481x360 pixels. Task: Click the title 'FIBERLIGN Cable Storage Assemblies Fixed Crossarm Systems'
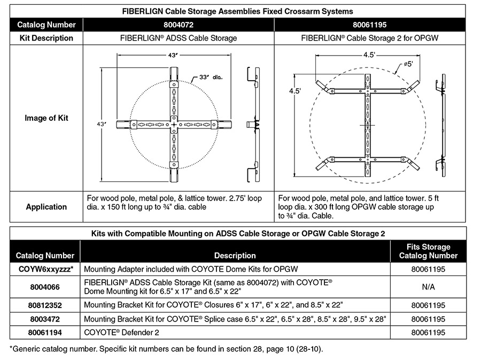click(x=238, y=11)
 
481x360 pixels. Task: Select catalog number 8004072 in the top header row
click(x=177, y=25)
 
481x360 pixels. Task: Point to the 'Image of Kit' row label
click(x=46, y=118)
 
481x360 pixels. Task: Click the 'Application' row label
click(x=46, y=206)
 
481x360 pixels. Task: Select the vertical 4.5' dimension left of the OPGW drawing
click(x=296, y=91)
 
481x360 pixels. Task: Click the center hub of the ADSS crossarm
click(x=174, y=125)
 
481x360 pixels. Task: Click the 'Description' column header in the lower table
click(x=235, y=256)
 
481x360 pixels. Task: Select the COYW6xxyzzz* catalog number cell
click(x=46, y=270)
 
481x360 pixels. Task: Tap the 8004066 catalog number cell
click(x=46, y=287)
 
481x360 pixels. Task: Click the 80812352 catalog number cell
click(x=46, y=304)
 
